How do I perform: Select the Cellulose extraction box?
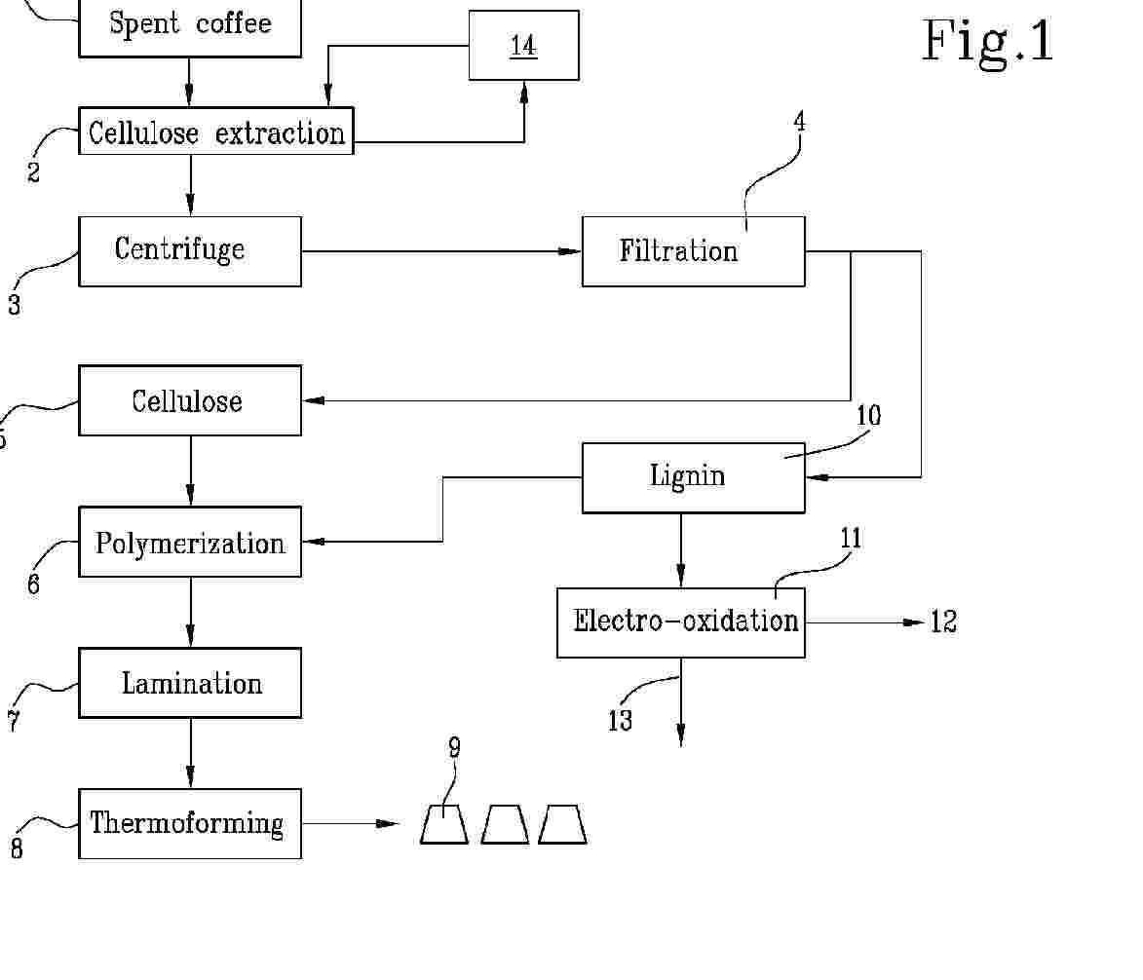215,132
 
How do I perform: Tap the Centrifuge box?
190,251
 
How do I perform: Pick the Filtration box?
693,251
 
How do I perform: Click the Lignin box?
693,477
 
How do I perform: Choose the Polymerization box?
190,542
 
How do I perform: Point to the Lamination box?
190,683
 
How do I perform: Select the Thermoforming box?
190,824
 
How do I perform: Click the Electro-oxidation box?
680,622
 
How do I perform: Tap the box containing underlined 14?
523,46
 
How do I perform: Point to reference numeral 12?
943,622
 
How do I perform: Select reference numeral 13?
620,722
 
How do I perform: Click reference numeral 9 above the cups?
454,748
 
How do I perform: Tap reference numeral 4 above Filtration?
799,123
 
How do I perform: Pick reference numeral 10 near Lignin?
868,416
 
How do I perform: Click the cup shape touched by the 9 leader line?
444,825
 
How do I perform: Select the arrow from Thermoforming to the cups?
351,824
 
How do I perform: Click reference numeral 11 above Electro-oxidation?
851,539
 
